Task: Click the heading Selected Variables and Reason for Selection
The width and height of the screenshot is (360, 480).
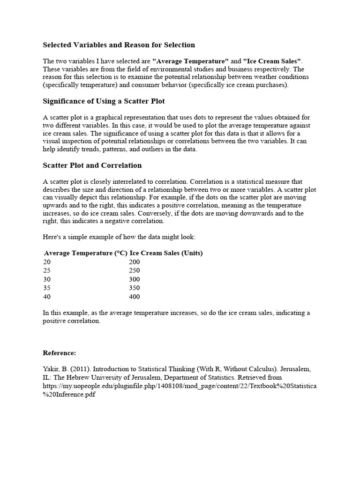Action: [119, 45]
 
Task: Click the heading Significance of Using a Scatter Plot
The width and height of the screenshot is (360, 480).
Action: [104, 101]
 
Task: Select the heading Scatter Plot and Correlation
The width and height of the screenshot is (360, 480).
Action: [92, 165]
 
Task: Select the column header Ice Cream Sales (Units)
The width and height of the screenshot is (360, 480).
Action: [166, 253]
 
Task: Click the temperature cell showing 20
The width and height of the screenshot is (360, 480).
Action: [47, 262]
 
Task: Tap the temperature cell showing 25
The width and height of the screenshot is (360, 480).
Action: [47, 270]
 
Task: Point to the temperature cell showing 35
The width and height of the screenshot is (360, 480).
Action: [47, 288]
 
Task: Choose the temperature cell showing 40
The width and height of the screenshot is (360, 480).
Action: [47, 297]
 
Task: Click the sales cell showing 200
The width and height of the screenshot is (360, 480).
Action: [135, 262]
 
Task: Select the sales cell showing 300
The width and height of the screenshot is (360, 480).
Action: [135, 279]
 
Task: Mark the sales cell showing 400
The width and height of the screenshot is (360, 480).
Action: [135, 297]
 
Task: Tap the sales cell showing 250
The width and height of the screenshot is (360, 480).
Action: [135, 270]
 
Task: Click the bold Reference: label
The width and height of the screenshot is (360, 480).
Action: [59, 352]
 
